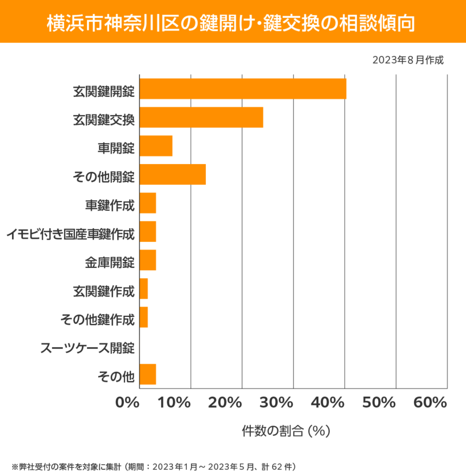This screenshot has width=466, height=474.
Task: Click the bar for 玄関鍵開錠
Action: click(x=243, y=89)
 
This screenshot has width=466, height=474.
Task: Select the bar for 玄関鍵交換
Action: click(x=201, y=117)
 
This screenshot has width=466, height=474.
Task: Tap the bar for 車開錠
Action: click(x=156, y=146)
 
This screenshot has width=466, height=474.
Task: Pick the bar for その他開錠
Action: click(x=173, y=174)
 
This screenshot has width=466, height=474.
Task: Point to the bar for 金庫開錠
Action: click(x=148, y=260)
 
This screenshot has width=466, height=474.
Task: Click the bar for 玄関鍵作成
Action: click(x=144, y=289)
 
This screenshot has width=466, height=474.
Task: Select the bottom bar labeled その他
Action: click(x=148, y=375)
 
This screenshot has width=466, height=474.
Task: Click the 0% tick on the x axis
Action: click(x=128, y=403)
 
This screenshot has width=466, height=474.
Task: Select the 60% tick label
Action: click(x=430, y=403)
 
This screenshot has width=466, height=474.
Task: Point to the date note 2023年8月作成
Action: click(x=408, y=60)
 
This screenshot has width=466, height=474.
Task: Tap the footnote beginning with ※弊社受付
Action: click(x=154, y=466)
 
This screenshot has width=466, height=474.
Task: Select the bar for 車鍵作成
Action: click(x=148, y=203)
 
